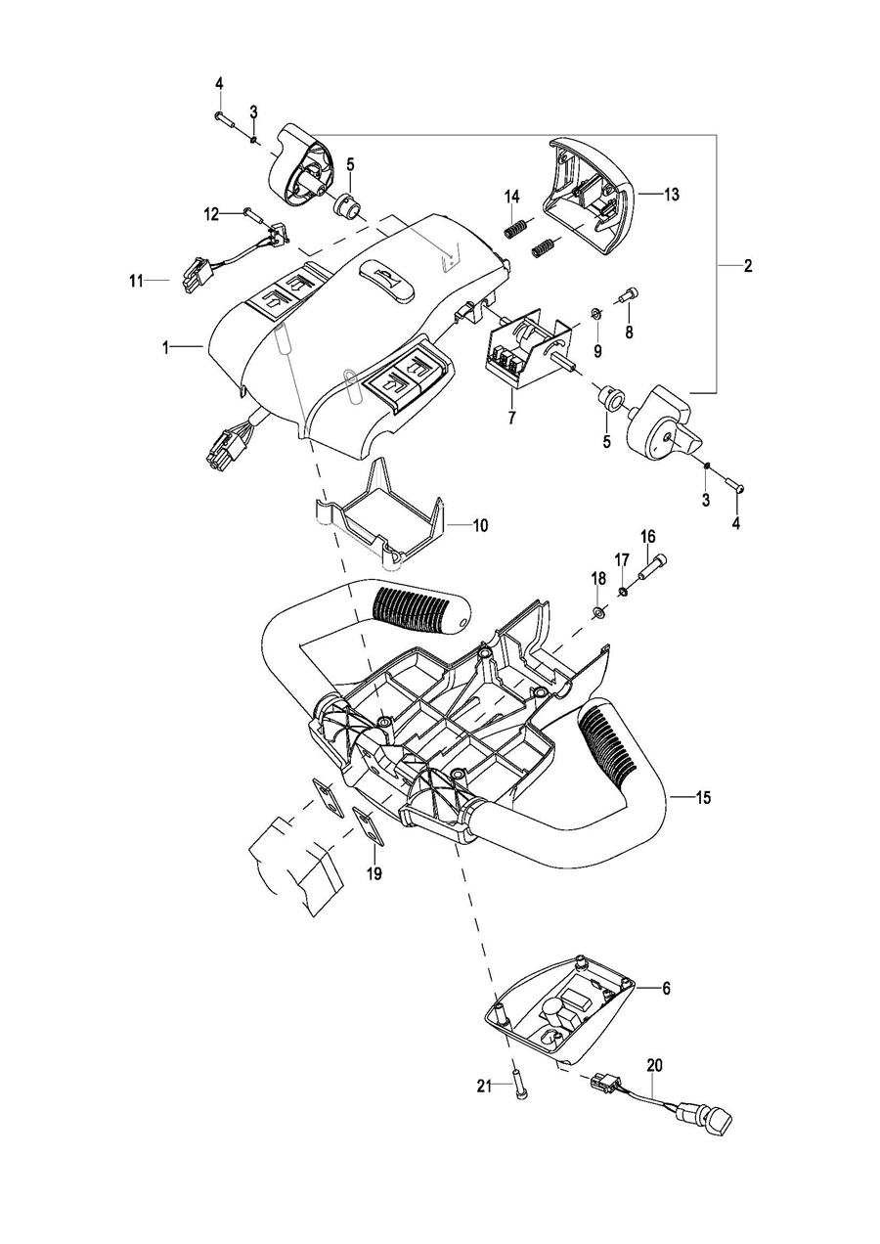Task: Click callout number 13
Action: [671, 195]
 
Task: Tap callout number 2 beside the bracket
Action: [748, 266]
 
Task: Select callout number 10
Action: [480, 525]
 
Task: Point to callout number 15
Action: [703, 798]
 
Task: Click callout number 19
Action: [374, 873]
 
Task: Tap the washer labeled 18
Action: [598, 612]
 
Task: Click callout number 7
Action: [511, 417]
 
